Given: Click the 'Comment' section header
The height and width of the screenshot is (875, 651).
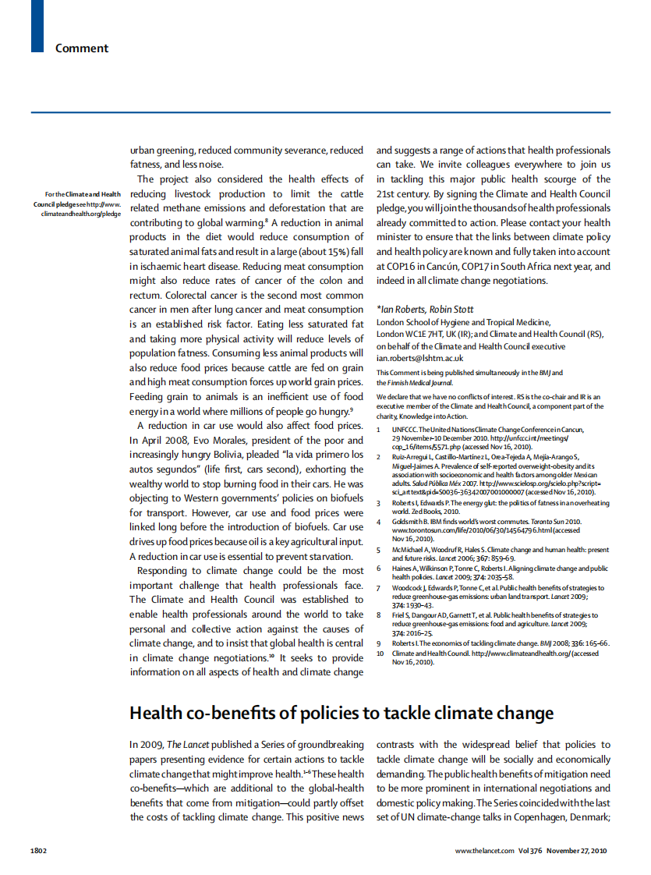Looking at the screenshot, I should [x=82, y=48].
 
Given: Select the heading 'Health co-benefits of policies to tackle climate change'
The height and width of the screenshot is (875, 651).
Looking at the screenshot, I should [x=341, y=713].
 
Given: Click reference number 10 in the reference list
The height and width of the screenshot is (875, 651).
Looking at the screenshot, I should [x=380, y=654].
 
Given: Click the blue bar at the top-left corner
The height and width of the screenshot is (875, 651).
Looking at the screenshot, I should [x=37, y=26].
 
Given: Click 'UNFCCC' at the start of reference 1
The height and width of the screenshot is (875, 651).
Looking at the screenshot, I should [x=405, y=430].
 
